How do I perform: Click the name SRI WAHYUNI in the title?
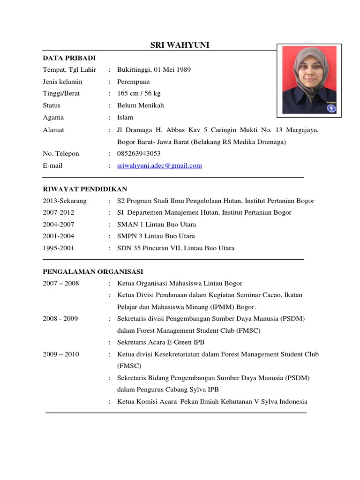point(180,45)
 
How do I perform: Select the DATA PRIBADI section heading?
point(69,58)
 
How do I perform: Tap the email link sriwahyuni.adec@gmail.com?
point(159,165)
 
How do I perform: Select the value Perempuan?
point(133,82)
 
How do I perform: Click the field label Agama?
point(53,117)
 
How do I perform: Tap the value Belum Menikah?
point(141,105)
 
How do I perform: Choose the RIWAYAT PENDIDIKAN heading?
point(85,189)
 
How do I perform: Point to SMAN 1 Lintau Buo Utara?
point(157,225)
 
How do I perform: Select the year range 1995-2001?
point(58,248)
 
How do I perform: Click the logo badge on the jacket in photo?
point(331,108)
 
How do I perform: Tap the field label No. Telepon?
point(61,154)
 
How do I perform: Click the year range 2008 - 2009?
point(60,319)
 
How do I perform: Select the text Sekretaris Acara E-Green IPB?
point(161,342)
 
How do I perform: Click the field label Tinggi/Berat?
point(61,93)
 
